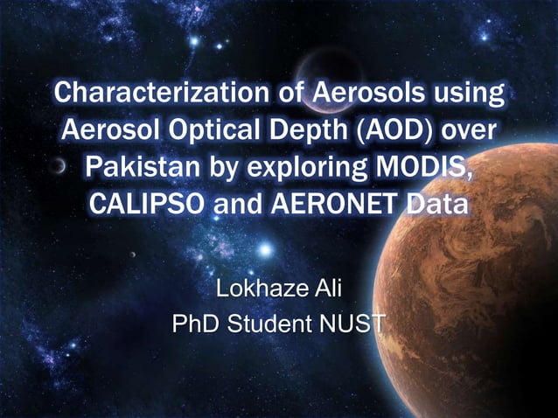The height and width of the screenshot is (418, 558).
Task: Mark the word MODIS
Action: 435,168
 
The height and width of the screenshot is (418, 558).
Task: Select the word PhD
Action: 198,325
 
